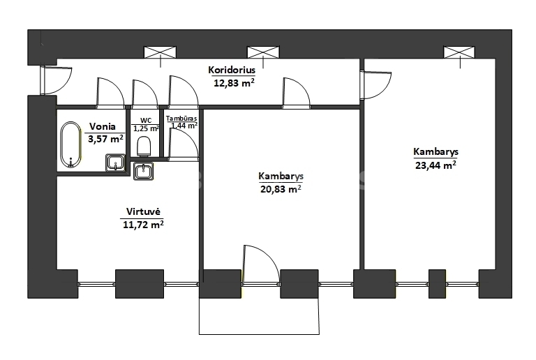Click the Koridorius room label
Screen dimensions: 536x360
[x=232, y=70]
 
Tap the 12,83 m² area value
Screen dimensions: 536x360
[x=234, y=82]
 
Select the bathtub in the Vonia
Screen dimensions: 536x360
[x=70, y=145]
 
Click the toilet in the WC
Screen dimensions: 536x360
[x=144, y=147]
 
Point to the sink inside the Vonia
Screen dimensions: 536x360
[x=116, y=163]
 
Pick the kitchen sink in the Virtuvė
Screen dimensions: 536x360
[x=143, y=171]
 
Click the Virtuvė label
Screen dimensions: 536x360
[x=143, y=211]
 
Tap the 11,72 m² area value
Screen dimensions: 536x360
[x=143, y=225]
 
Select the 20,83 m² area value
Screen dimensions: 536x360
[x=281, y=189]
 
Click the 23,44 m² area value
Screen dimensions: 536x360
[x=435, y=165]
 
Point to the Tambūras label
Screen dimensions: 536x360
[x=181, y=119]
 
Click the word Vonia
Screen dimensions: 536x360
[x=102, y=126]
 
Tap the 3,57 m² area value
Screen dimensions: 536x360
[x=105, y=139]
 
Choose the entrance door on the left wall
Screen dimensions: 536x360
[x=57, y=80]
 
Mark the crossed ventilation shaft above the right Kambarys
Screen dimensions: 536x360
[x=459, y=52]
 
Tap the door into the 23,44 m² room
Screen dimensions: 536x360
[x=376, y=85]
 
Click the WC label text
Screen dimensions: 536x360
[x=146, y=121]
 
